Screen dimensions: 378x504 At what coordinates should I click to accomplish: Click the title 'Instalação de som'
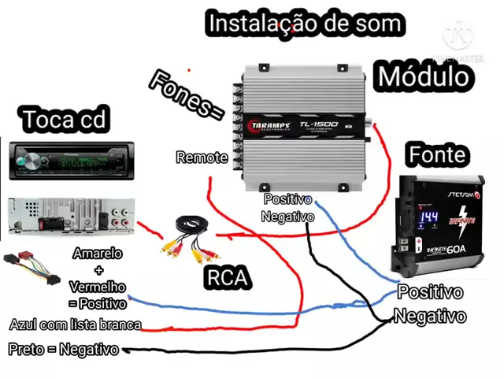304,24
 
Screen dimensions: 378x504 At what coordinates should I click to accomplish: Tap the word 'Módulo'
424,76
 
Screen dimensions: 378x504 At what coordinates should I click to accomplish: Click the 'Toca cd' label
64,120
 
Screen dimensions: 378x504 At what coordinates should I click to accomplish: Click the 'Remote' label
202,157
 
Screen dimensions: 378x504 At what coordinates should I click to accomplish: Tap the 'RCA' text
227,277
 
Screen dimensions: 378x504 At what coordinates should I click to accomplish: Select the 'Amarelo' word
98,254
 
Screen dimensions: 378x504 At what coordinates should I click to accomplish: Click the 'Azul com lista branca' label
76,324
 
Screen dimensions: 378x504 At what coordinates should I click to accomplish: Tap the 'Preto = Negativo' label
64,349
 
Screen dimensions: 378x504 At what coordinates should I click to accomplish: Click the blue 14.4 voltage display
428,217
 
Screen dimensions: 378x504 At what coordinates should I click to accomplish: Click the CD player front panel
71,161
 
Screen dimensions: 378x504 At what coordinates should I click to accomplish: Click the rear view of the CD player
71,214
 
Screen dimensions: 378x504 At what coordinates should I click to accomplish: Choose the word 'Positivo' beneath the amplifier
287,200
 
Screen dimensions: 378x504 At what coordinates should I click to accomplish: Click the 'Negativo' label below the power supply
429,316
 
